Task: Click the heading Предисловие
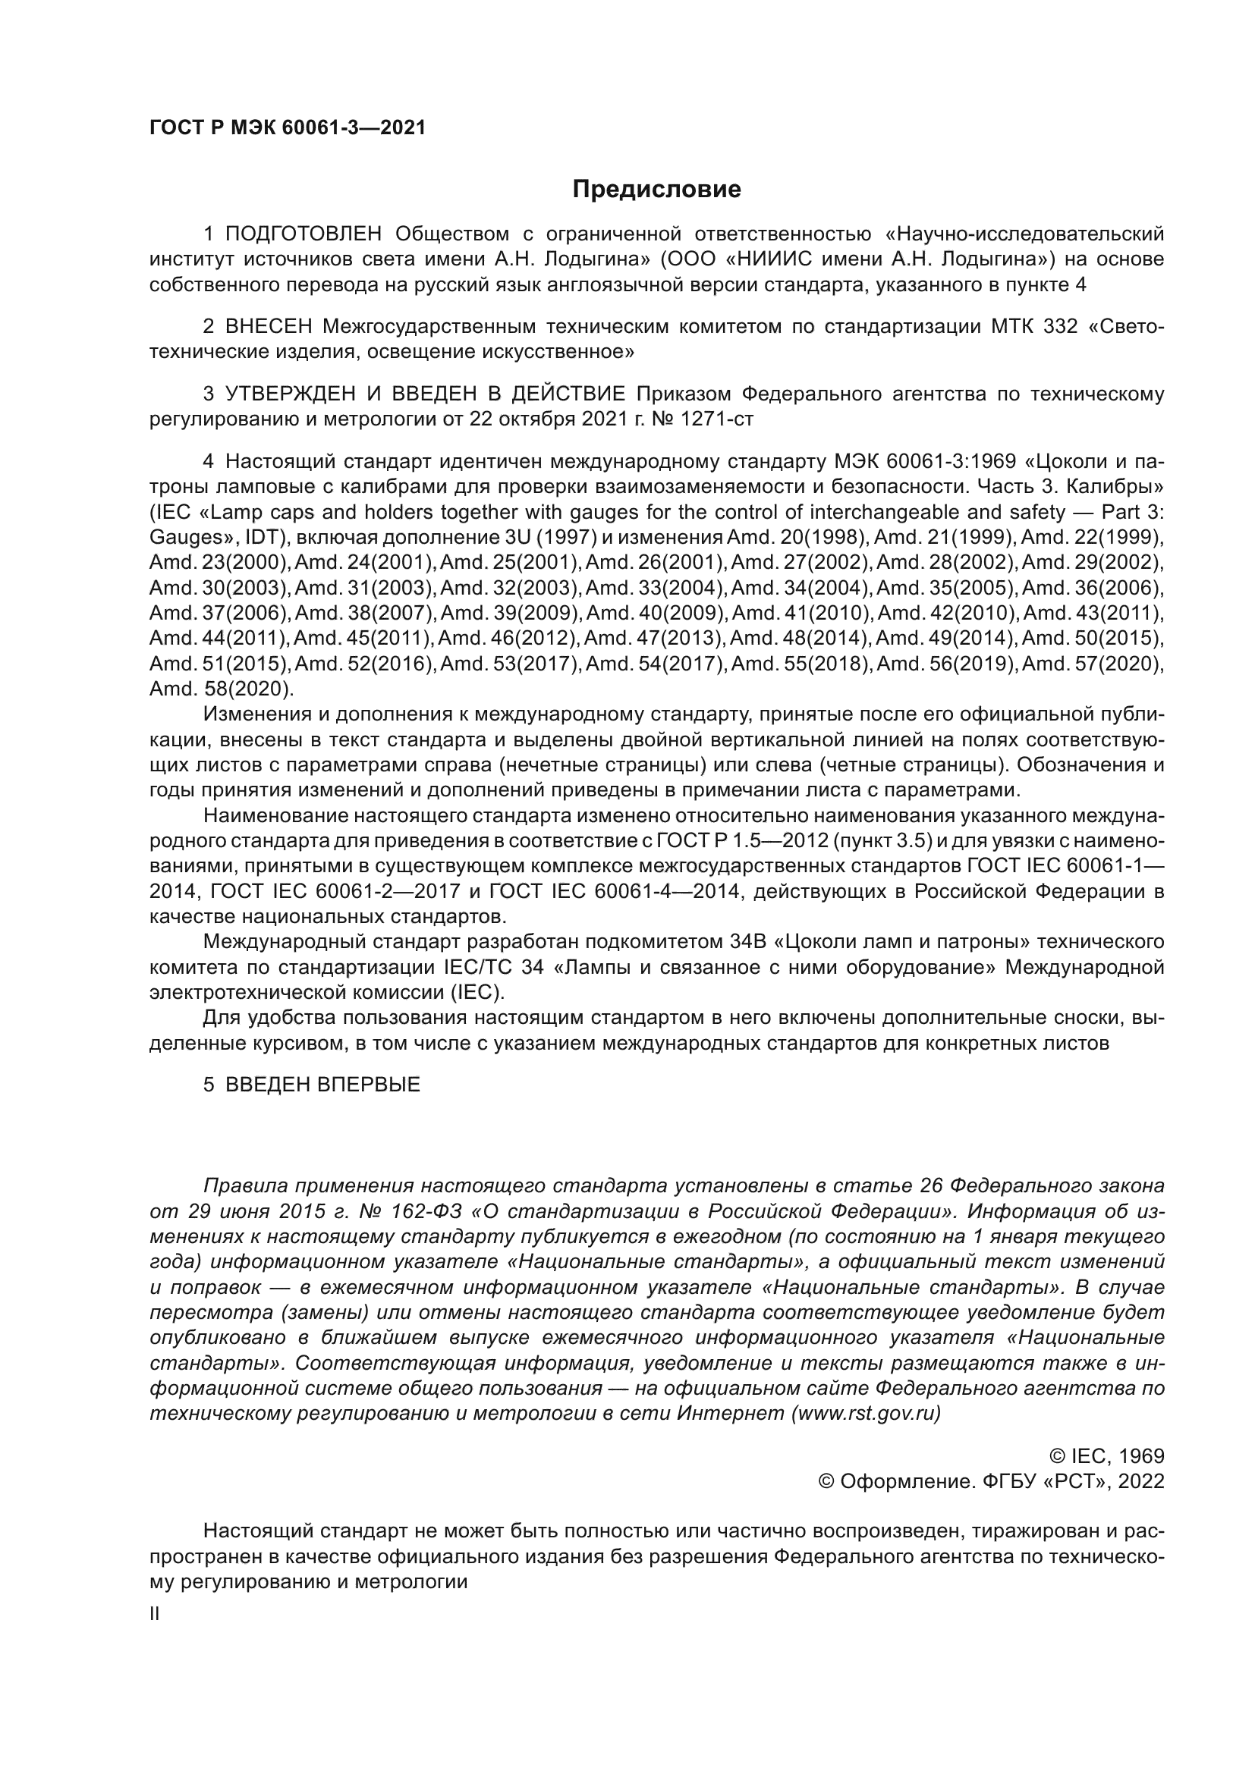click(x=656, y=190)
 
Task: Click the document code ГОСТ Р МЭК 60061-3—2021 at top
click(x=288, y=128)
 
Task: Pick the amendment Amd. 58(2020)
click(x=221, y=689)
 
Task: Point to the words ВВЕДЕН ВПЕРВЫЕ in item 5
click(x=322, y=1084)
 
